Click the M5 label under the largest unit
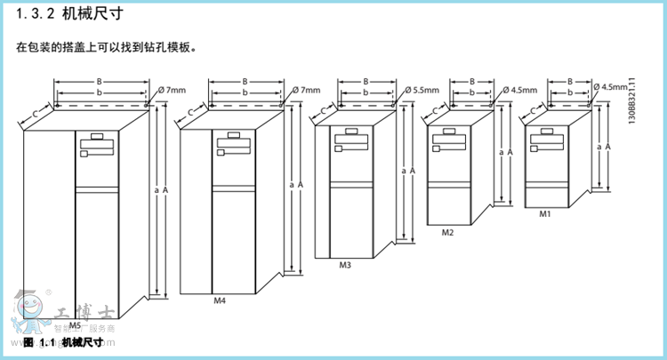click(x=87, y=325)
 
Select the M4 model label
click(x=220, y=300)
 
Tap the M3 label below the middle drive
click(x=345, y=264)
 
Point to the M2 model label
click(x=448, y=232)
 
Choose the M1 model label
click(x=545, y=214)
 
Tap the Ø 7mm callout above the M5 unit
click(x=173, y=90)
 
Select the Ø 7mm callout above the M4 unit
click(x=306, y=90)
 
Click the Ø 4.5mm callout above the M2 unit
click(x=520, y=90)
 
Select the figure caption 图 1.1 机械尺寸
click(x=62, y=342)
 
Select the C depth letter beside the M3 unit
click(x=322, y=110)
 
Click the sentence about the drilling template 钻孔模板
click(x=106, y=45)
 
